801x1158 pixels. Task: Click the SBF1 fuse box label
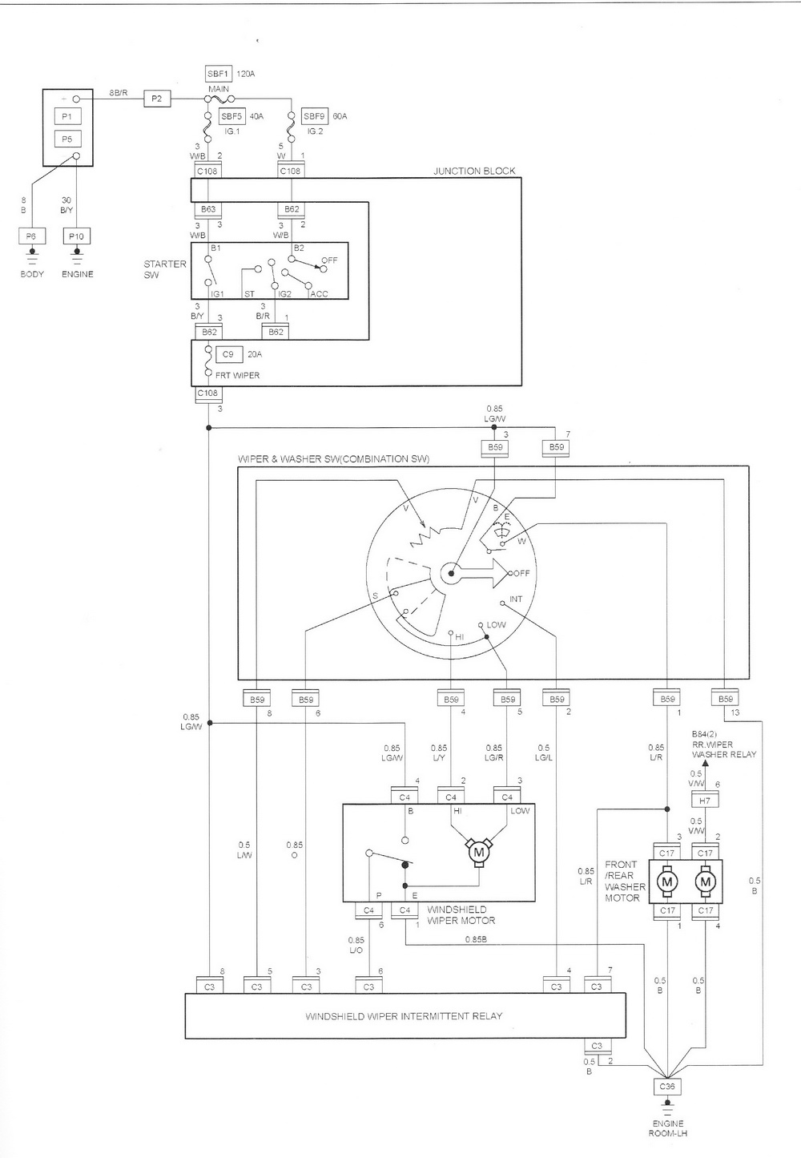[x=218, y=73]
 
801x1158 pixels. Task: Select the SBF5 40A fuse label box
[x=232, y=116]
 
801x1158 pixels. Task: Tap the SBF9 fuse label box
[x=315, y=116]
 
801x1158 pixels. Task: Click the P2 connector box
[x=157, y=99]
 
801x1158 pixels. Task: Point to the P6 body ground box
[x=31, y=236]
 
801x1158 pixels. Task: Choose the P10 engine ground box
[x=76, y=236]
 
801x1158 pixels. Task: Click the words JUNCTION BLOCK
[x=474, y=171]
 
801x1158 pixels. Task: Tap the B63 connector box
[x=207, y=209]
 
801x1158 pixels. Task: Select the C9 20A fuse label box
[x=228, y=354]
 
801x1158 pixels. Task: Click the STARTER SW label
[x=164, y=269]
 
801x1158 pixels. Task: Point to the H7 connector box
[x=705, y=801]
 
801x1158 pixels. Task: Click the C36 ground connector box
[x=667, y=1087]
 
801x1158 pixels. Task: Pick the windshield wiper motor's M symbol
[x=479, y=851]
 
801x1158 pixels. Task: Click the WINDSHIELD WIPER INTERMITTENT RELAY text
[x=404, y=1015]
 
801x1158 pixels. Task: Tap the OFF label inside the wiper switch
[x=522, y=573]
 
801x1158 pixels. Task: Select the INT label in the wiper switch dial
[x=516, y=599]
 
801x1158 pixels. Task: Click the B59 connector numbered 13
[x=725, y=699]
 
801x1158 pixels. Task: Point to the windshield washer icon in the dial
[x=501, y=528]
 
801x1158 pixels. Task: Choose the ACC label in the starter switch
[x=319, y=294]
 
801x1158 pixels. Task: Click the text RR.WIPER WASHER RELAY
[x=723, y=749]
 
